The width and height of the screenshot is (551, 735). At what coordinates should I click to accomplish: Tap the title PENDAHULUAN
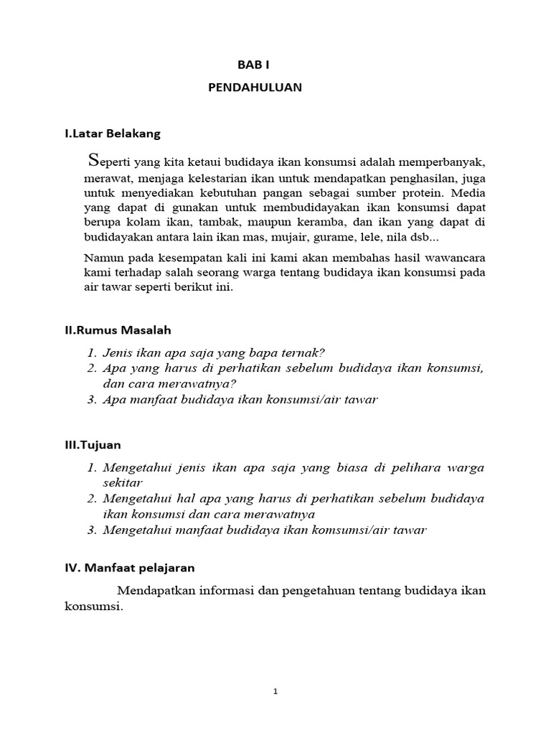pos(255,88)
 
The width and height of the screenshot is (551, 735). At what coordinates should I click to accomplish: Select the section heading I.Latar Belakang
pos(113,134)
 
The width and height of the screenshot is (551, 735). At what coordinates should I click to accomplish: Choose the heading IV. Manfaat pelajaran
pos(129,568)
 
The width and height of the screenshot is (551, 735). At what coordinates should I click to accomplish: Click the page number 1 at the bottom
pos(275,692)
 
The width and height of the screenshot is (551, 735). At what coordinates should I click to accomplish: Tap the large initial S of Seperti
pos(91,159)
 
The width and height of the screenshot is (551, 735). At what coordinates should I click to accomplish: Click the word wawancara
pos(454,258)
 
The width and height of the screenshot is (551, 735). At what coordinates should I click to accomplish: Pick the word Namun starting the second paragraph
pos(103,258)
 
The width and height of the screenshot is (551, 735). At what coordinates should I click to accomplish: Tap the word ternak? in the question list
pos(303,352)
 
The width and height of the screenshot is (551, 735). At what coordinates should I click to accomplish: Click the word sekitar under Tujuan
pos(123,483)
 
